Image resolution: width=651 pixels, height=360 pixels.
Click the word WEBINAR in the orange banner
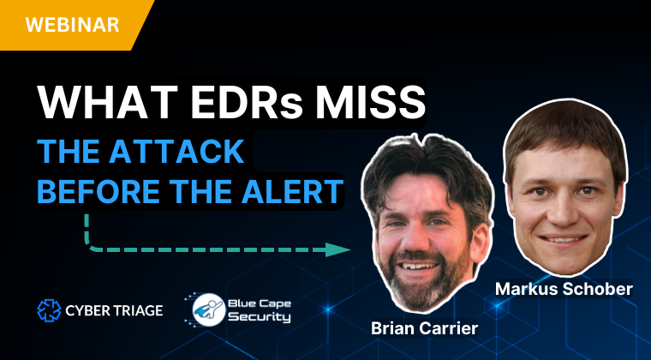[72, 25]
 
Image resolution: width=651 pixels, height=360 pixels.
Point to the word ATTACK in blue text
[176, 152]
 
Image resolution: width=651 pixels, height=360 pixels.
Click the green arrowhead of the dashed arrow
[337, 249]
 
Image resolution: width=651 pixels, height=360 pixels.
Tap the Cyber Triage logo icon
[49, 310]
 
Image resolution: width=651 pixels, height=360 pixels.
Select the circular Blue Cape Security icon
[209, 309]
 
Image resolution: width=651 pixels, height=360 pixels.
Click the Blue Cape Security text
[260, 310]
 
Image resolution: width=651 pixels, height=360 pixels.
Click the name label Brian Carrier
[424, 328]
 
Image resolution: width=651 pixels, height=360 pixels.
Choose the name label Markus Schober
[564, 289]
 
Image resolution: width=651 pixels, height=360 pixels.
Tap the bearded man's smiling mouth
[417, 266]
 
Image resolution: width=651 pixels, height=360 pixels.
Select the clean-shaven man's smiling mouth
[564, 240]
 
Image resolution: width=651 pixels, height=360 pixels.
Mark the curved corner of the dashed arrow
[89, 246]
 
